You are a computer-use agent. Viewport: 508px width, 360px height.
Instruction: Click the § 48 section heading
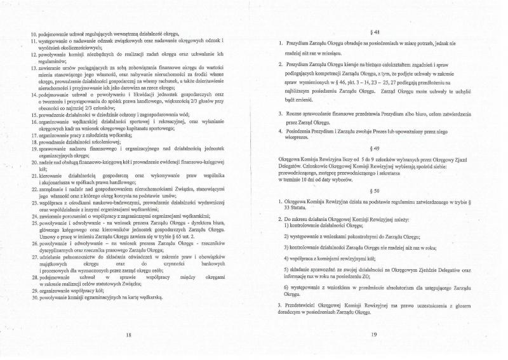click(x=376, y=31)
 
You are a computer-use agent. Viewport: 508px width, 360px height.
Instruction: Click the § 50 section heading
click(x=376, y=190)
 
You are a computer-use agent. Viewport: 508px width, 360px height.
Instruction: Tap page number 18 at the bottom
click(x=128, y=334)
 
